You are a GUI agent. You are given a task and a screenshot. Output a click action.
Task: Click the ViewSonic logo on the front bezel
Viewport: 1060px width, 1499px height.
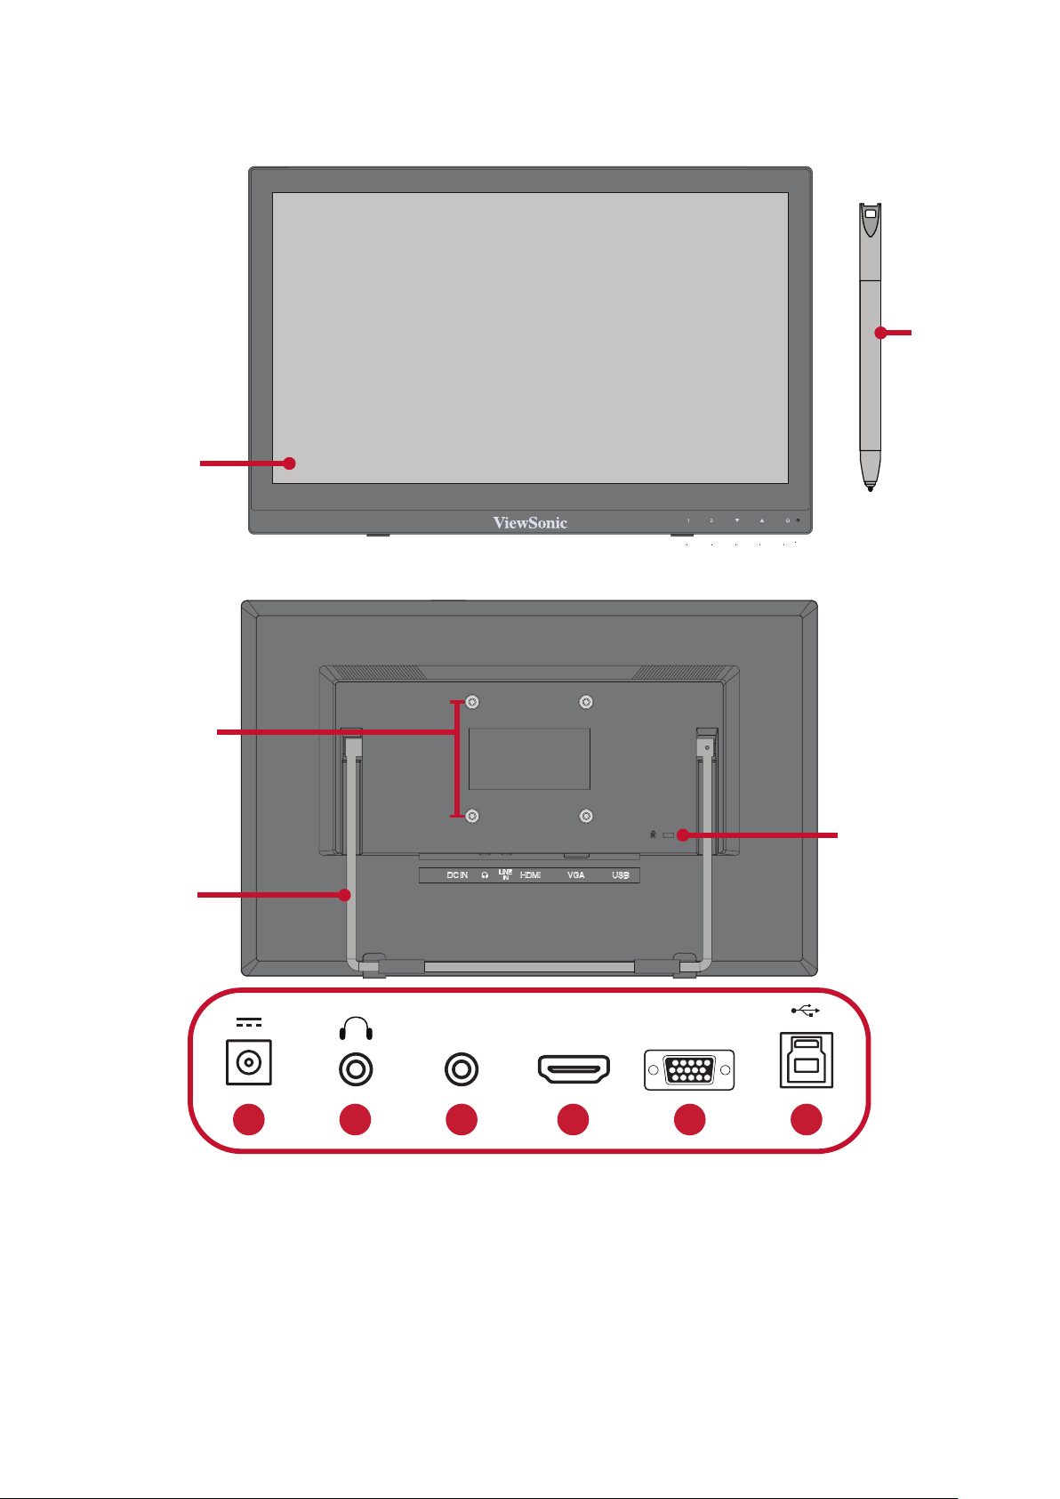(530, 523)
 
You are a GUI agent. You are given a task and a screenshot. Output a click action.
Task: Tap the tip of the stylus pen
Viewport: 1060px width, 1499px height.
(870, 487)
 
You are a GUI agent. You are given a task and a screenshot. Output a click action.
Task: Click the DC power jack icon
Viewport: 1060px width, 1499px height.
(249, 1062)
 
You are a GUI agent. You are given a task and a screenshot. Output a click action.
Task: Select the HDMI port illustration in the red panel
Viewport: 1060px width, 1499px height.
(574, 1068)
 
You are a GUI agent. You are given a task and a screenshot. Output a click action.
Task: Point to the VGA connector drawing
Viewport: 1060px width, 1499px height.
(689, 1069)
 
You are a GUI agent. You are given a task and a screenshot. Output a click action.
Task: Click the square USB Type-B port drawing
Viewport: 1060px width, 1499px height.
(806, 1060)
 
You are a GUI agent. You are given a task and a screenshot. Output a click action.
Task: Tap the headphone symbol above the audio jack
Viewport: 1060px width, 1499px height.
(356, 1029)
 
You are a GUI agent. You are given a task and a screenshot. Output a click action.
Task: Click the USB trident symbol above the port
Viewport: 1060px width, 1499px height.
(805, 1010)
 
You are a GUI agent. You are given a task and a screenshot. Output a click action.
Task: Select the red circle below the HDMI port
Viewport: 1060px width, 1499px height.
(574, 1119)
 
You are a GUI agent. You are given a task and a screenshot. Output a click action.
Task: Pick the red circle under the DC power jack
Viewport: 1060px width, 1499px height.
(249, 1119)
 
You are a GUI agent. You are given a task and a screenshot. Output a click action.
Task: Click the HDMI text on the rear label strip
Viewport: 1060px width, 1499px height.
(530, 875)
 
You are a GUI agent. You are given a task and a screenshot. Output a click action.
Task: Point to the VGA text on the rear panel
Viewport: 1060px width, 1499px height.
(576, 875)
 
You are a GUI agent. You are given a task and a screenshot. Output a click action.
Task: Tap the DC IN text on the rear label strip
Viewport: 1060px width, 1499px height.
(457, 875)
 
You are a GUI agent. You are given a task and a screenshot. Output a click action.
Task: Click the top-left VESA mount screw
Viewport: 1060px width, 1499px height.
(473, 703)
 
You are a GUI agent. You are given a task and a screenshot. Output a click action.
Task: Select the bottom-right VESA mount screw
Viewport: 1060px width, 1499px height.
(586, 815)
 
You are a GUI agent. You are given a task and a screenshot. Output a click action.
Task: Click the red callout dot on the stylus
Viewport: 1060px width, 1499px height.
(880, 333)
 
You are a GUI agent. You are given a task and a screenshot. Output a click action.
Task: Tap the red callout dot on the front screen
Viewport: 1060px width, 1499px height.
(288, 463)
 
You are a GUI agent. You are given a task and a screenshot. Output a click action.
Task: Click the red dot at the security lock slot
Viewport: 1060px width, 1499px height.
(682, 834)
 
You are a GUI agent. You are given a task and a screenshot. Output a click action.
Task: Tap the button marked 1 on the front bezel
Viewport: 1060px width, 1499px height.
(688, 520)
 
